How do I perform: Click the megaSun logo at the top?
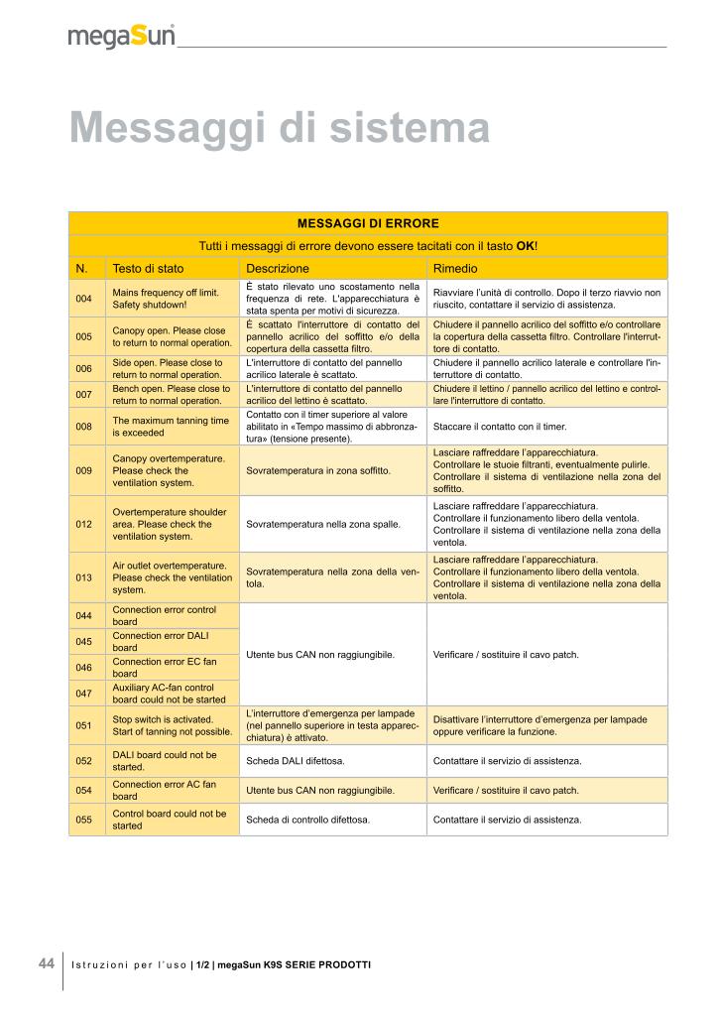[122, 38]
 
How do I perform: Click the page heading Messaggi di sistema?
[280, 128]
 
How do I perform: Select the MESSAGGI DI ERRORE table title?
[368, 223]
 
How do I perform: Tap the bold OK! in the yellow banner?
[527, 246]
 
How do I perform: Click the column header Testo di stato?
[148, 269]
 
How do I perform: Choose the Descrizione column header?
[278, 269]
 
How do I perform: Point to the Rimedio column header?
[455, 269]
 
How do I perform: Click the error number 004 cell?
[83, 299]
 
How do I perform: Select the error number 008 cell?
[83, 427]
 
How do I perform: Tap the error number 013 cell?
[83, 576]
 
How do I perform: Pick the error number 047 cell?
[83, 693]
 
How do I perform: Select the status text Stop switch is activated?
[162, 719]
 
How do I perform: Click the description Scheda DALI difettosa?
[296, 761]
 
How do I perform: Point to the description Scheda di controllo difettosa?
[307, 821]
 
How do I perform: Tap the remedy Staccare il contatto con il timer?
[500, 427]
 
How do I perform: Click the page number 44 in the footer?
[47, 963]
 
